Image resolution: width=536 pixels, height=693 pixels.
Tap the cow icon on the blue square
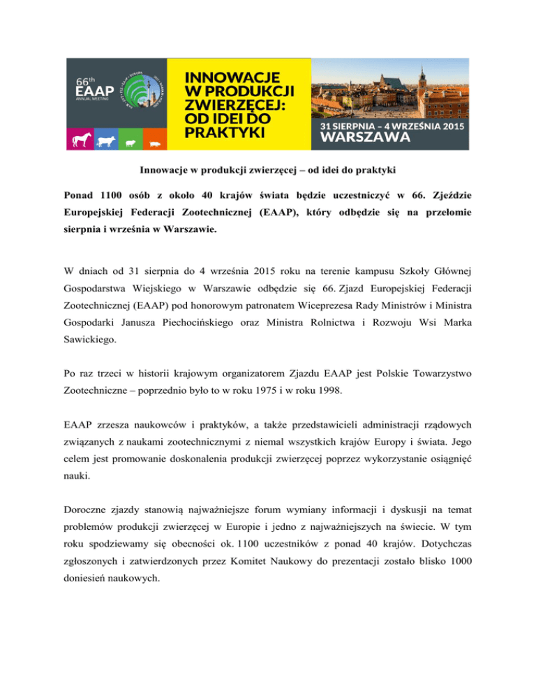(107, 141)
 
